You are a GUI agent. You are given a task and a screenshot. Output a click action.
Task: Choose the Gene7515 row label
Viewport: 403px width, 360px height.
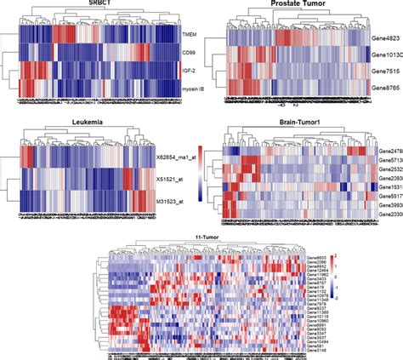(386, 70)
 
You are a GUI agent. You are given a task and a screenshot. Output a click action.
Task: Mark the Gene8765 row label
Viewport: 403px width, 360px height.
(386, 86)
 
